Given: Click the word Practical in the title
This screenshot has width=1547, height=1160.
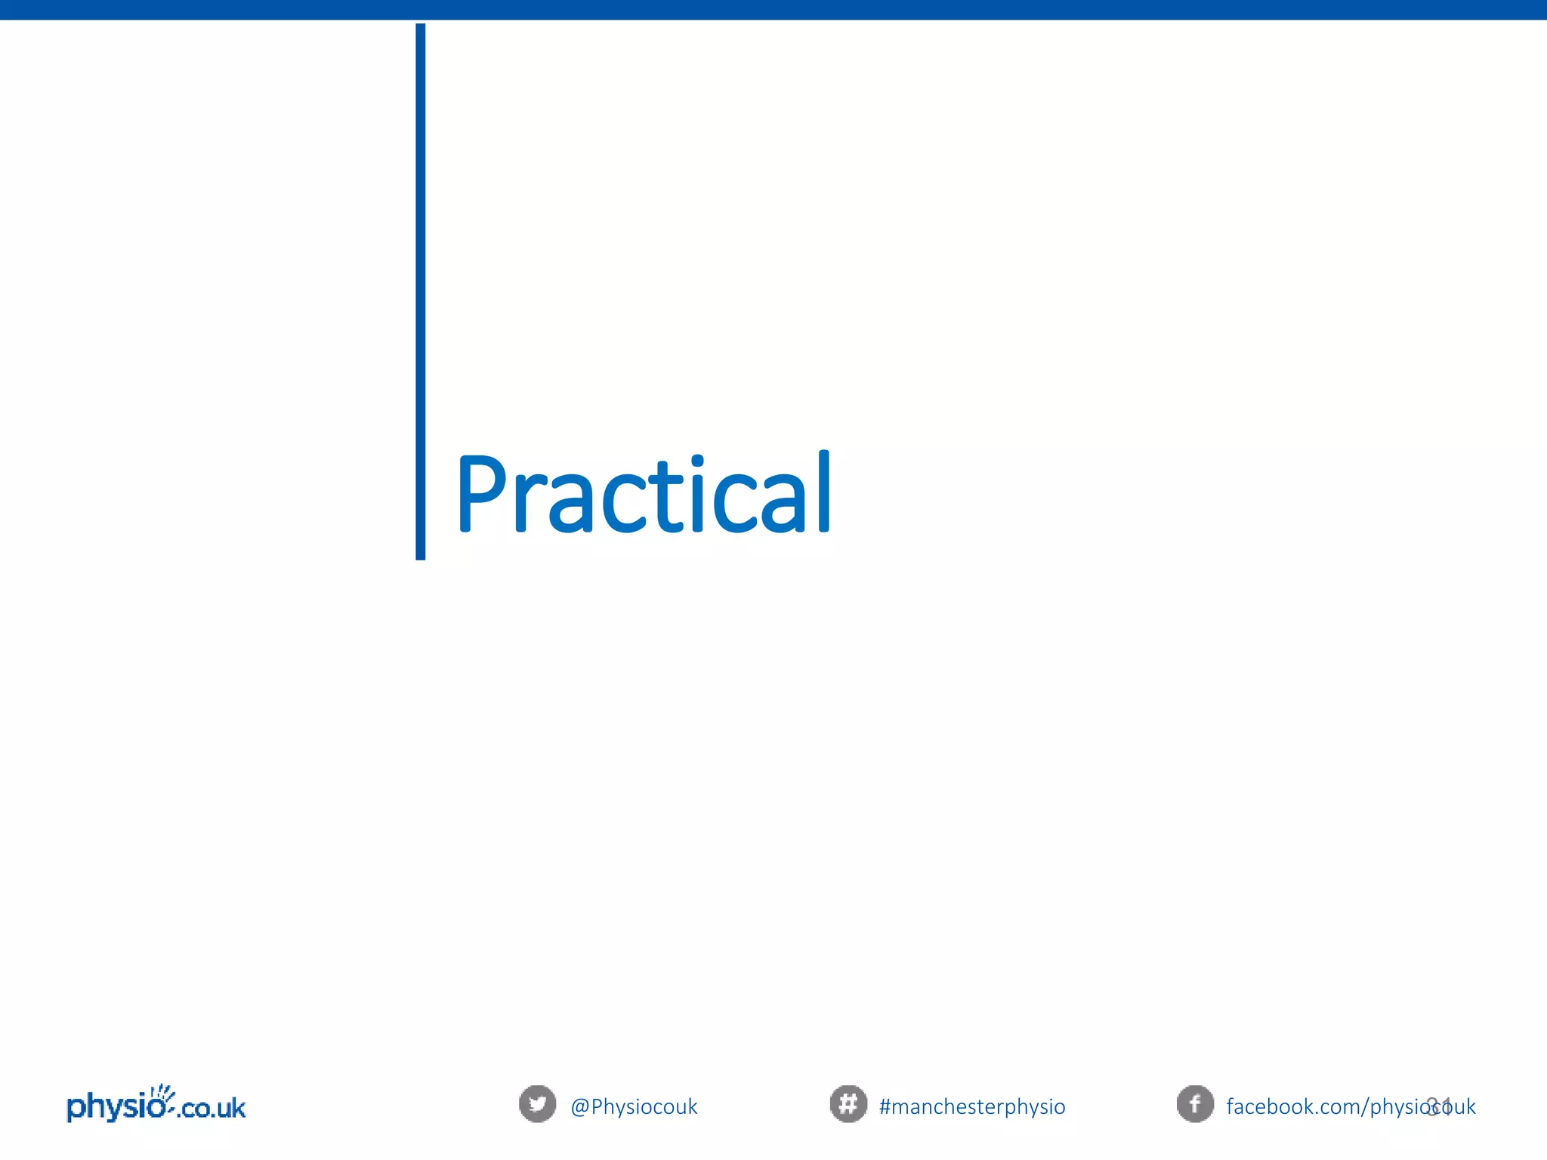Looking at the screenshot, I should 644,495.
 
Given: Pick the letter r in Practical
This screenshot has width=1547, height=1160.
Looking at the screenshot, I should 529,506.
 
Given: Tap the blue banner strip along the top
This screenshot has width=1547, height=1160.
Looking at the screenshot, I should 773,10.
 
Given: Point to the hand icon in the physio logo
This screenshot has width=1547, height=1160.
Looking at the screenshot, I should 162,1094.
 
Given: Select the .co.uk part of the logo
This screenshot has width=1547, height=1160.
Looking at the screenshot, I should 212,1109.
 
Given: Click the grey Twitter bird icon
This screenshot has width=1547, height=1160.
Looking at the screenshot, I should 537,1104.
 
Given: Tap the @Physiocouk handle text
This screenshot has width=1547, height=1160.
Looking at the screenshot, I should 635,1107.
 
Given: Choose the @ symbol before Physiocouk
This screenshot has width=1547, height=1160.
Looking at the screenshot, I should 580,1107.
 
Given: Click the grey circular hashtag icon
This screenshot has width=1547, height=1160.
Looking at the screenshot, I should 848,1104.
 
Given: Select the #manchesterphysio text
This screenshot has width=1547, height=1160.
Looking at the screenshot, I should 972,1107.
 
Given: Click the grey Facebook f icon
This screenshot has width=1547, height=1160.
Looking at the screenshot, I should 1195,1104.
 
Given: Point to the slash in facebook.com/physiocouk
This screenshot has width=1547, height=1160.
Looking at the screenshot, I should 1364,1107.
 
